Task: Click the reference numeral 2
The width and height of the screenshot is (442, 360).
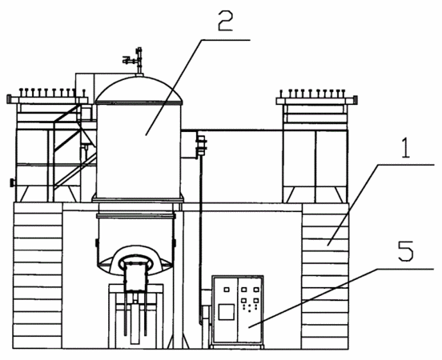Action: point(226,21)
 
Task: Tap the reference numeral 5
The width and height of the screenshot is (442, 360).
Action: point(405,251)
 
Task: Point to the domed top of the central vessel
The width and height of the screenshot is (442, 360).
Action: point(139,88)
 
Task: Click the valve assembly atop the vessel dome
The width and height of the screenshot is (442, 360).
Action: point(135,61)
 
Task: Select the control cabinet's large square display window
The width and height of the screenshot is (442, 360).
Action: point(227,312)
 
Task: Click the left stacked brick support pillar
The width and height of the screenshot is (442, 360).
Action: point(38,275)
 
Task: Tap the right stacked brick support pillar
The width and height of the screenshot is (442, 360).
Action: point(325,275)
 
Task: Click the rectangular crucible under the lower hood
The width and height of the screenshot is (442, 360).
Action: point(135,277)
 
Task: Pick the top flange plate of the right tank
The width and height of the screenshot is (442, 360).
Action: point(317,101)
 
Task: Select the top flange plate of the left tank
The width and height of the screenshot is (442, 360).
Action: point(47,100)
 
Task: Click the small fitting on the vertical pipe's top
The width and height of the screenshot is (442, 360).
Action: point(201,145)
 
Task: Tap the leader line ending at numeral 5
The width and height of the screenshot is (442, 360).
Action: point(341,298)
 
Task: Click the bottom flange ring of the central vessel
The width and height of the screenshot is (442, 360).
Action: point(138,200)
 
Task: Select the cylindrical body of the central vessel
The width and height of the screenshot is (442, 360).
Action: point(139,150)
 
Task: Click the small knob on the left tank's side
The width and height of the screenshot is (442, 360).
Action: point(12,182)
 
